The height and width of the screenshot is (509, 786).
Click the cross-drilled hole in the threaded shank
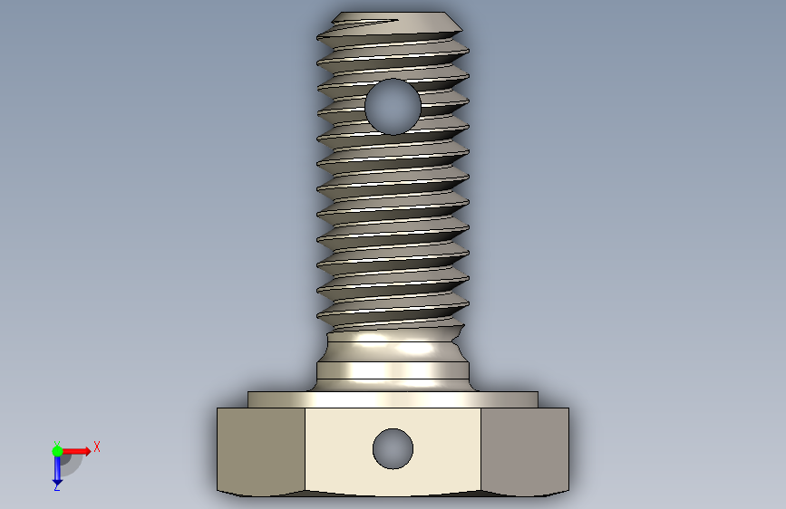click(393, 107)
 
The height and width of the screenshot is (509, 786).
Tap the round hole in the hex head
click(393, 449)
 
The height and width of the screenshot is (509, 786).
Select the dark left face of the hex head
click(261, 451)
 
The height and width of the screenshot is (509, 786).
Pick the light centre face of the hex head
click(393, 451)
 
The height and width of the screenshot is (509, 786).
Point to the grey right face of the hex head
click(525, 451)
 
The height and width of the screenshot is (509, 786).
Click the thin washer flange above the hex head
click(393, 399)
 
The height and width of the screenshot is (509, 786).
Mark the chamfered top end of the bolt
click(396, 20)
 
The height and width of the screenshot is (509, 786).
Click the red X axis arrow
click(76, 451)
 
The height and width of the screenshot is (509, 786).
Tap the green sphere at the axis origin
click(57, 451)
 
